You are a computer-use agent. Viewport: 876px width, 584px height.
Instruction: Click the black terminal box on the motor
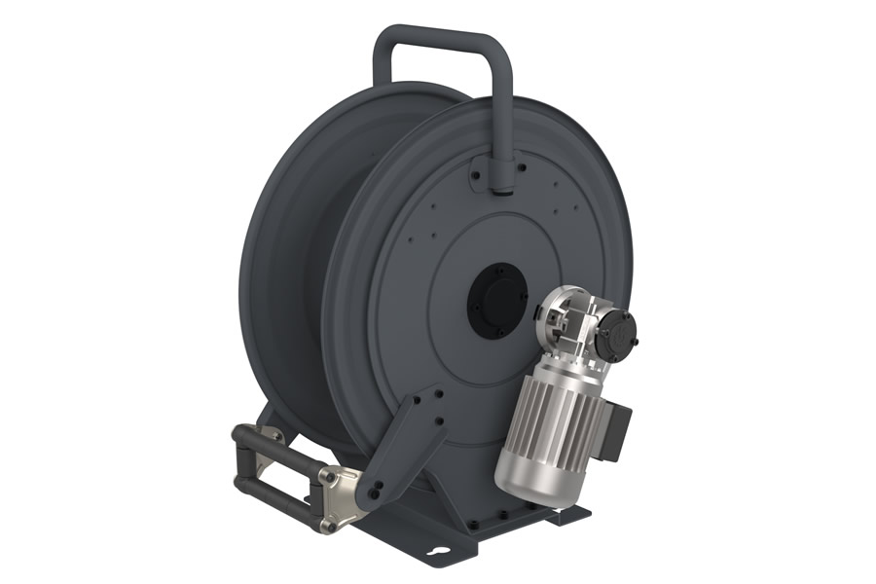coord(612,429)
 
